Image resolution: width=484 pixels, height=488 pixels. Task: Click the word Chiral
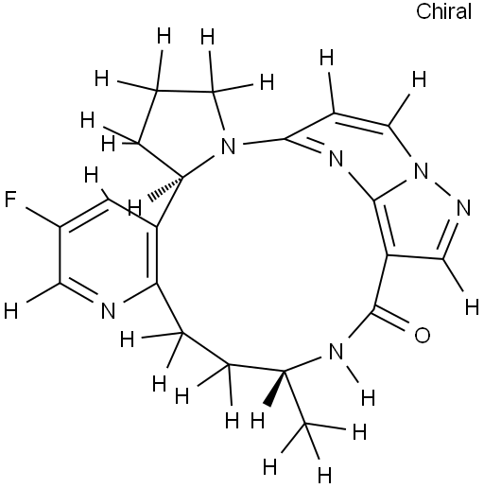[443, 11]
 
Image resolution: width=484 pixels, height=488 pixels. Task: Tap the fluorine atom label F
[10, 199]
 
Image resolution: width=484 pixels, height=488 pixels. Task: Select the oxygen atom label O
[422, 335]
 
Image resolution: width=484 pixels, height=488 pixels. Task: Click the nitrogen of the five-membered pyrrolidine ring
[229, 146]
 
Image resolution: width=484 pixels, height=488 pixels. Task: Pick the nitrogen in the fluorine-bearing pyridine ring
[108, 310]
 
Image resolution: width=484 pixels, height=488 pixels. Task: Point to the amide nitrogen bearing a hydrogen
[336, 352]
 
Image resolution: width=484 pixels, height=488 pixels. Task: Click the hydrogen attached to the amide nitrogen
[368, 397]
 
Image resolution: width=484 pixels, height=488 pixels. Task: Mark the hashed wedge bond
[166, 188]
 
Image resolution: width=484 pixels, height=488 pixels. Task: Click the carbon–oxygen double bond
[390, 320]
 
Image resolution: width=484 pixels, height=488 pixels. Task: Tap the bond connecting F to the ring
[43, 218]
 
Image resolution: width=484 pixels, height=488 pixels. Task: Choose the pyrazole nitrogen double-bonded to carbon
[463, 208]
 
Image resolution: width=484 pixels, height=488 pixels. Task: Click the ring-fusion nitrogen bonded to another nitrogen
[421, 171]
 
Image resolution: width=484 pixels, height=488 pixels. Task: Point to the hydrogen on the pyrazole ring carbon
[472, 307]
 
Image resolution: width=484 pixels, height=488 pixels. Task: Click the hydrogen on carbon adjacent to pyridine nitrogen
[10, 310]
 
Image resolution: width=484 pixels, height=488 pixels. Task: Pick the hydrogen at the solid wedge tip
[258, 421]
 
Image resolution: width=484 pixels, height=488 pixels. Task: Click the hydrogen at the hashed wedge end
[135, 208]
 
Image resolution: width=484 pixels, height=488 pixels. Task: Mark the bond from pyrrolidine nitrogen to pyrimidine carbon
[264, 141]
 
